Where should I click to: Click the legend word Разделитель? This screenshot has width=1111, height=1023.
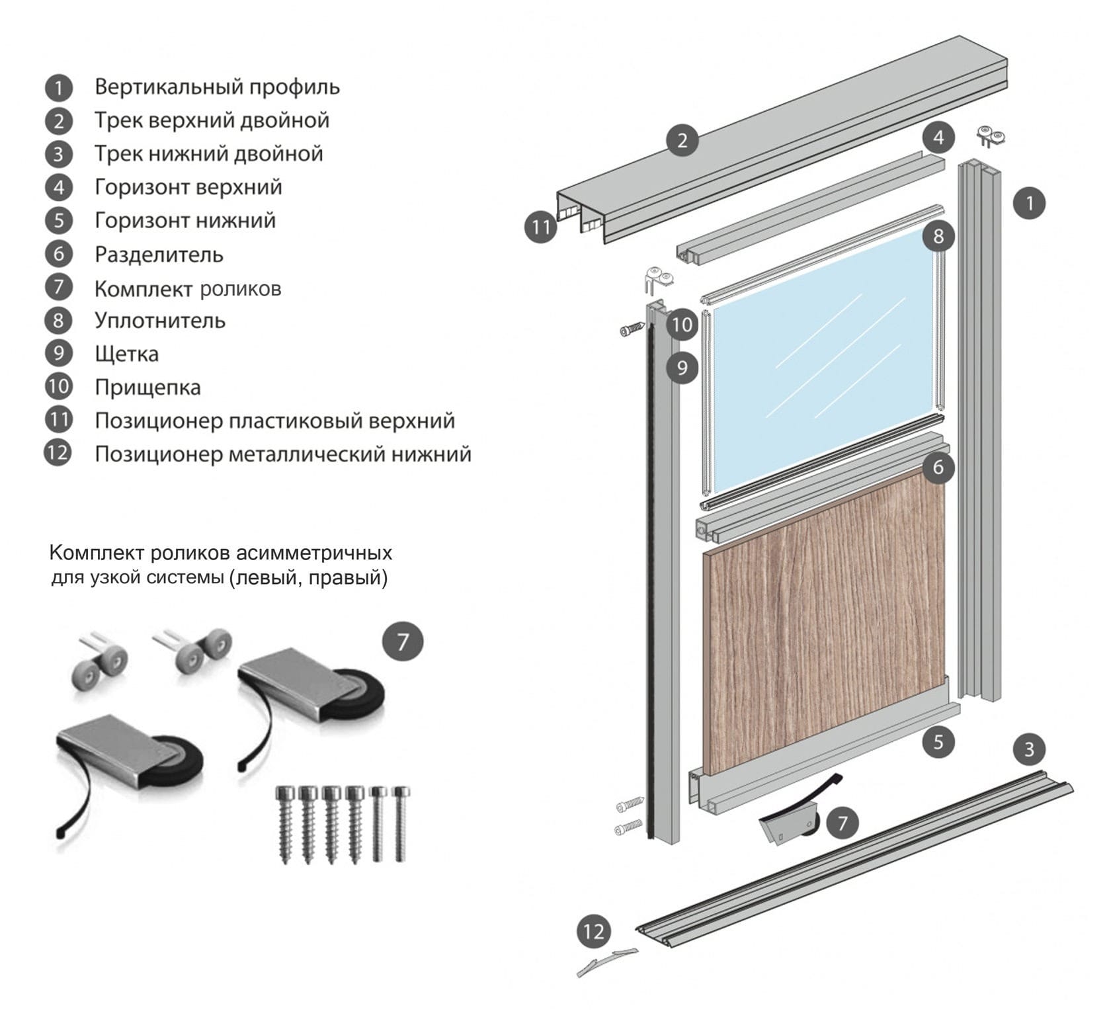point(159,255)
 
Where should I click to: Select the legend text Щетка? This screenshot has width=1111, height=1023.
point(126,354)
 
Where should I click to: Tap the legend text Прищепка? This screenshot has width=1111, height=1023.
point(147,388)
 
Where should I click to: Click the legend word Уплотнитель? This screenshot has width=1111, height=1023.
point(160,321)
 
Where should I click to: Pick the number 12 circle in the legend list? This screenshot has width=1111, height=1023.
point(58,454)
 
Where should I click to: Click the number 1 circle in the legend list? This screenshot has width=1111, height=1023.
point(59,87)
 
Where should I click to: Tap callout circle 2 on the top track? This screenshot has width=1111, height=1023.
point(682,140)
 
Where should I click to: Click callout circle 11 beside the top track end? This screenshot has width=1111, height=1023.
point(541,227)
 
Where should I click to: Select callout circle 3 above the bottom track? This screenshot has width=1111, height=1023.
point(1028,749)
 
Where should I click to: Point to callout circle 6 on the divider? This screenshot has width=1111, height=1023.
point(938,468)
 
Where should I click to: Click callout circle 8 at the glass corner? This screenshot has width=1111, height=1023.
point(938,235)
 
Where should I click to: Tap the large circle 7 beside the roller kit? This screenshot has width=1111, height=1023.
point(402,641)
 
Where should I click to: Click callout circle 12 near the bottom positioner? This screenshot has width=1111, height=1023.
point(593,932)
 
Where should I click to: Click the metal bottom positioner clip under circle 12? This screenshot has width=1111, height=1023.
point(606,962)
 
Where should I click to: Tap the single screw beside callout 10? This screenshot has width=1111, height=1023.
point(632,329)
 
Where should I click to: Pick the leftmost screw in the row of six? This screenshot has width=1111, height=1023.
point(286,823)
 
